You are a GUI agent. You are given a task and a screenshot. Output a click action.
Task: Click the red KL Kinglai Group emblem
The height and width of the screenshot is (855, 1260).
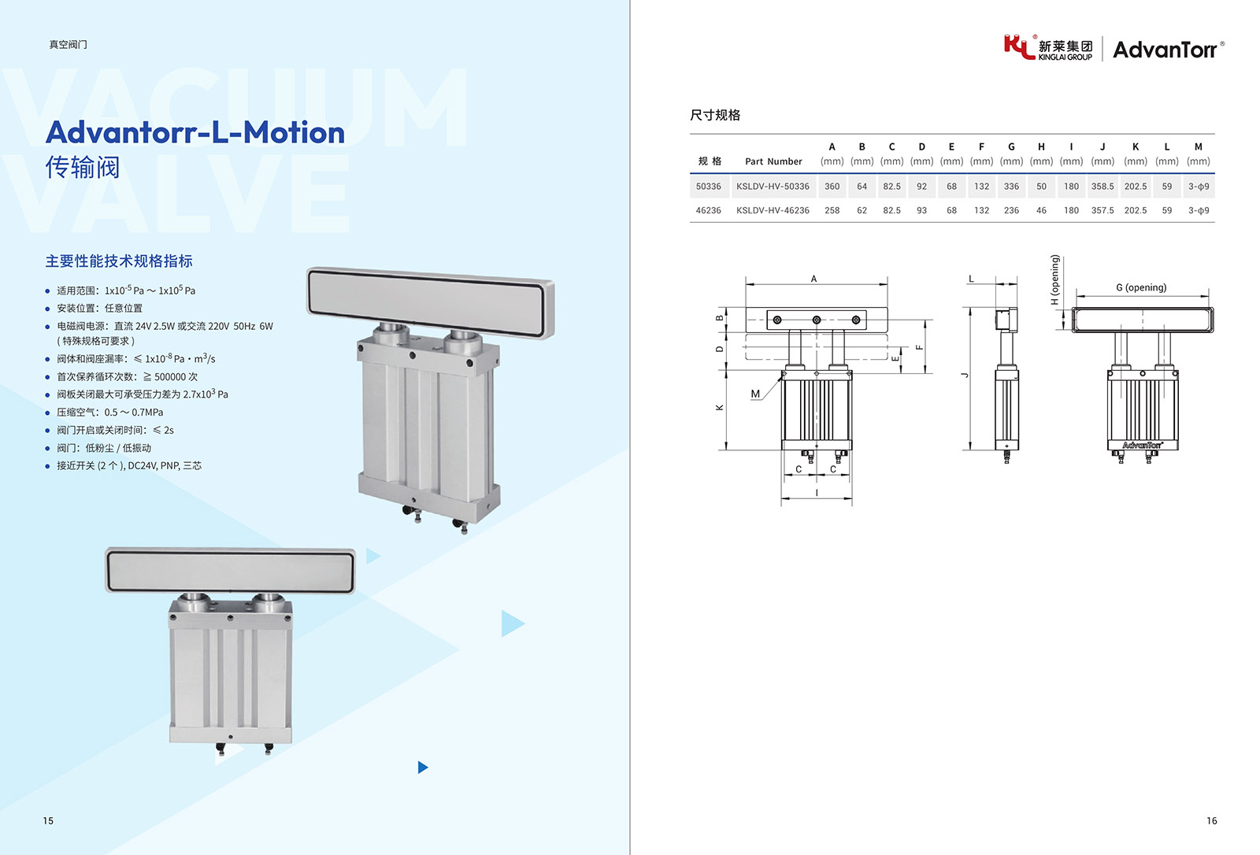tap(1019, 46)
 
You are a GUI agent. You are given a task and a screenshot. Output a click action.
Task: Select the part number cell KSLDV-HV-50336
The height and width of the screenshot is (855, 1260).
tap(773, 186)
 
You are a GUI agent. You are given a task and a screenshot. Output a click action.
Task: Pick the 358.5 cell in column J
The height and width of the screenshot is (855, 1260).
tap(1102, 186)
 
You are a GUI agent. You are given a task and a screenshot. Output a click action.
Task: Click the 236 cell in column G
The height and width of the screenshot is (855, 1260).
tap(1011, 210)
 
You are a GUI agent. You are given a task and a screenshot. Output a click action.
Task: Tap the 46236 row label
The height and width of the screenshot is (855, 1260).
tap(708, 210)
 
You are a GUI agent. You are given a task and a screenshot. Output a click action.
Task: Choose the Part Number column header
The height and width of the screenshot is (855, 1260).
tap(773, 161)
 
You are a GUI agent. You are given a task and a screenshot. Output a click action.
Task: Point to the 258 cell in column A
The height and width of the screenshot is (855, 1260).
tap(832, 210)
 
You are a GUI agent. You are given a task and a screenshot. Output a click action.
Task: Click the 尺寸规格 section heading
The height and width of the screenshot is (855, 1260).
tap(715, 115)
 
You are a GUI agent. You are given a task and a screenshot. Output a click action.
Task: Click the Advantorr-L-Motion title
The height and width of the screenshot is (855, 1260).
tap(195, 132)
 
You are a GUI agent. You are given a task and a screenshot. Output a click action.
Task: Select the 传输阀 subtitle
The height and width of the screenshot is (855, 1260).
tap(83, 167)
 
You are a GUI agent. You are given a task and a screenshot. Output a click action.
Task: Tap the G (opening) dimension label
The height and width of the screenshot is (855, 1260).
tap(1141, 287)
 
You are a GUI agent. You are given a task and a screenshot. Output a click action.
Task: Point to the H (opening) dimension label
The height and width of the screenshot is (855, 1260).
tap(1054, 279)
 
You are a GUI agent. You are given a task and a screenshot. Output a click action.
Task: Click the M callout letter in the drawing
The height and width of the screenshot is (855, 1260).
tap(755, 394)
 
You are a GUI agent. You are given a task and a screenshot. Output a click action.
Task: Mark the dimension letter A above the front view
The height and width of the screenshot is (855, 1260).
tap(813, 279)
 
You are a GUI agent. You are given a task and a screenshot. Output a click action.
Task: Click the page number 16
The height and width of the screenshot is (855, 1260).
tap(1212, 820)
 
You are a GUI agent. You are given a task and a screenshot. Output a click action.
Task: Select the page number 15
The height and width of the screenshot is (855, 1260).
tap(48, 820)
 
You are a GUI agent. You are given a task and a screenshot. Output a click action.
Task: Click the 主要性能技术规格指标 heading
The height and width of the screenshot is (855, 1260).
tap(119, 261)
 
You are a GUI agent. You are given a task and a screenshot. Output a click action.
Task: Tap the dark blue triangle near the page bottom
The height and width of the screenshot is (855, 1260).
tap(423, 768)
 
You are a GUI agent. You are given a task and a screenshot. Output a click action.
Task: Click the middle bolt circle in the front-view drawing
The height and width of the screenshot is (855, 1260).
tap(816, 320)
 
